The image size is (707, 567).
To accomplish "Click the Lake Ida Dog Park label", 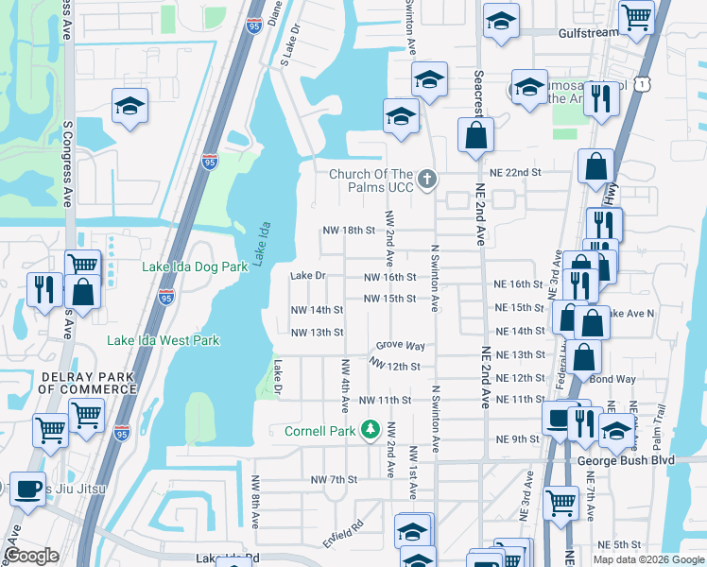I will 195,266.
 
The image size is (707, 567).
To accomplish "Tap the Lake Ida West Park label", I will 163,340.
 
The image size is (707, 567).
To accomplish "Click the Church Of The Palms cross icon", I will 427,179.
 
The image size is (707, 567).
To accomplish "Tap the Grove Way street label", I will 401,347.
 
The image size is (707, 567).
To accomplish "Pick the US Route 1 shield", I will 643,85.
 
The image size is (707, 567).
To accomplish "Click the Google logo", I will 31,556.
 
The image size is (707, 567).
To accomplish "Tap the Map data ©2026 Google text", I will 649,559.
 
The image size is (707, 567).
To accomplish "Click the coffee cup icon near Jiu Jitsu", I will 26,489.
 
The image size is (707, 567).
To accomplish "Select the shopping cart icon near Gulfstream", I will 636,16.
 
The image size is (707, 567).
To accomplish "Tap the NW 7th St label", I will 334,480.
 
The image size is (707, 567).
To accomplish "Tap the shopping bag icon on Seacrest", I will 475,134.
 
